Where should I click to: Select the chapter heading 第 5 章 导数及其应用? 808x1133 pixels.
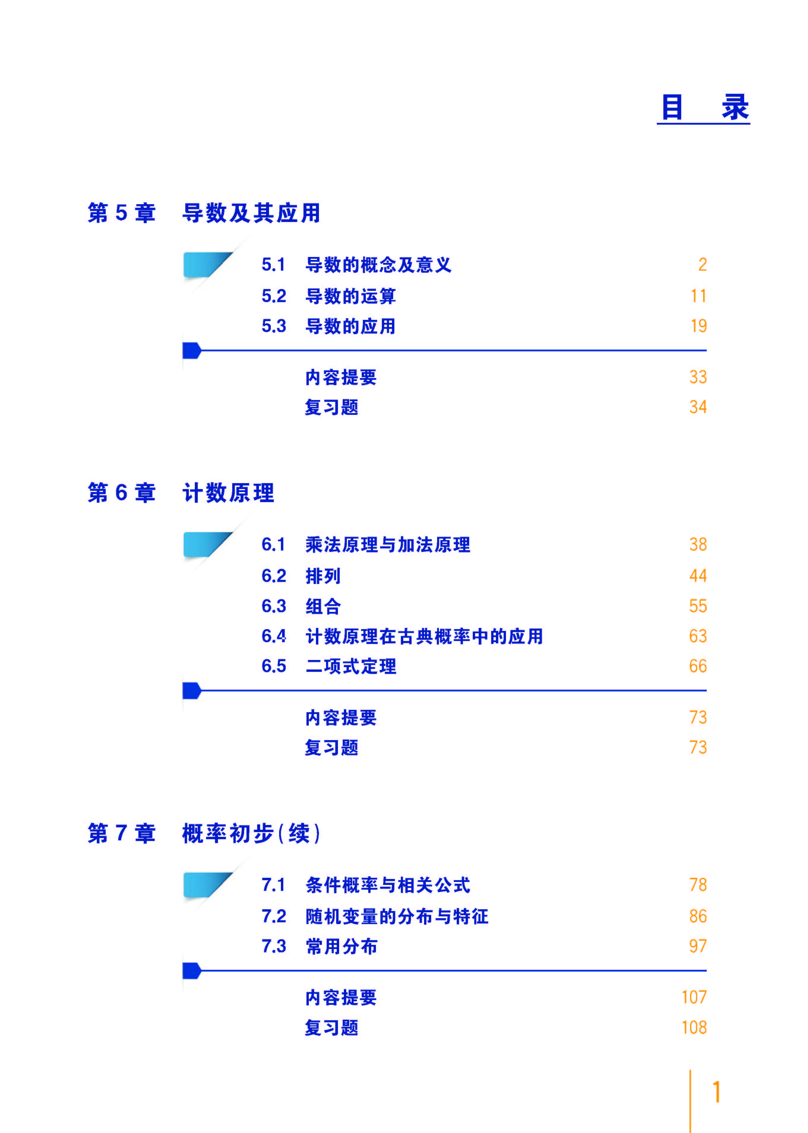[x=204, y=213]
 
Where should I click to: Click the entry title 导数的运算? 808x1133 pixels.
[x=351, y=296]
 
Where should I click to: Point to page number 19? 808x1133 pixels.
[x=698, y=326]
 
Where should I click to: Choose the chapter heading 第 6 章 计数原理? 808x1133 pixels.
[x=181, y=493]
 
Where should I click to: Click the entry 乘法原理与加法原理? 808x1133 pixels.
[x=388, y=544]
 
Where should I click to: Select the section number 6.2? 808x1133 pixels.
[x=274, y=576]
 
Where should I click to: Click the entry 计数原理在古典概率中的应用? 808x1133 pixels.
[x=424, y=636]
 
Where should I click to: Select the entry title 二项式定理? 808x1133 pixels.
[x=351, y=666]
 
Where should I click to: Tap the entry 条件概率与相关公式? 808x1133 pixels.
[x=388, y=885]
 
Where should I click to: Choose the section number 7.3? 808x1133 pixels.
[x=274, y=946]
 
